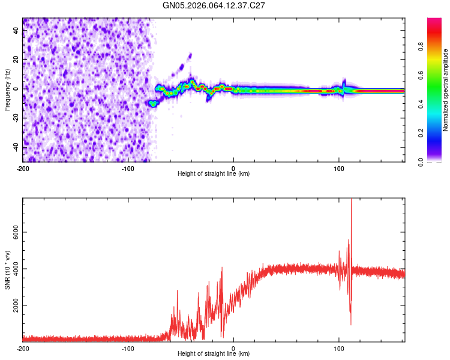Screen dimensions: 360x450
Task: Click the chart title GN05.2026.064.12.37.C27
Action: coord(214,5)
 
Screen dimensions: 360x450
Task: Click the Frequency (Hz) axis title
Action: coord(7,89)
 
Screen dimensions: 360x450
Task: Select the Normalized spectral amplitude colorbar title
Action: coord(445,90)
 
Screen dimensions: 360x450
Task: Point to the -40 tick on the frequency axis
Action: coord(16,147)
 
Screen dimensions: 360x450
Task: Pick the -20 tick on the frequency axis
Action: coord(16,118)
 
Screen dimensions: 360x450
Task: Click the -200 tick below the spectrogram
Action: coord(23,169)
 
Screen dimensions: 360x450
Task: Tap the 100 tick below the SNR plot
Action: coord(338,349)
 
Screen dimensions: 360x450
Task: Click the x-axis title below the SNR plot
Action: coord(214,354)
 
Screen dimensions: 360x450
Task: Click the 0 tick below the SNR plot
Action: coord(233,349)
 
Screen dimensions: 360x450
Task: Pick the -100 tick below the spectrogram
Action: coord(128,169)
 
